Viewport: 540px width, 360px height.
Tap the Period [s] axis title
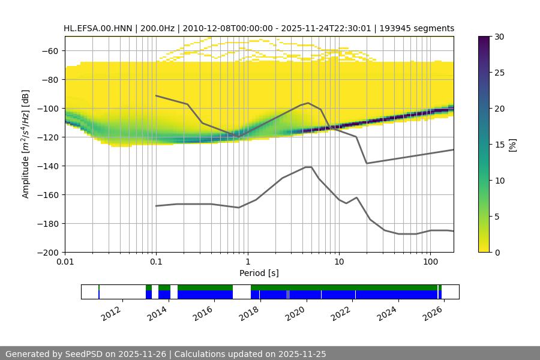pyautogui.click(x=259, y=273)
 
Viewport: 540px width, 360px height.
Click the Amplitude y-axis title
pyautogui.click(x=25, y=144)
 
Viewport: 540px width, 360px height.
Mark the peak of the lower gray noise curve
pyautogui.click(x=308, y=167)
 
